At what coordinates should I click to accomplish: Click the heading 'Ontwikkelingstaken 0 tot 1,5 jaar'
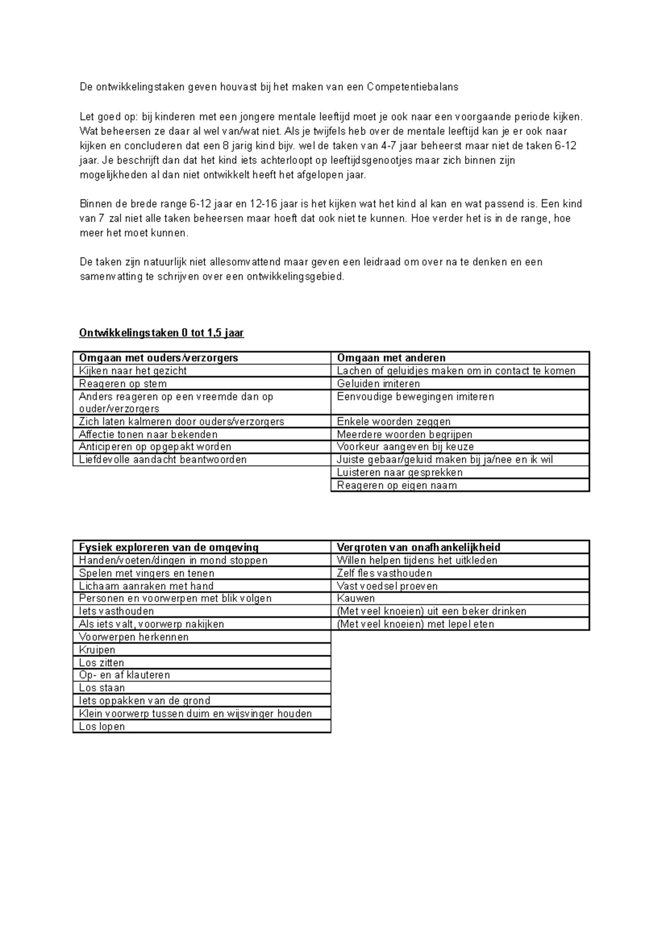[x=162, y=333]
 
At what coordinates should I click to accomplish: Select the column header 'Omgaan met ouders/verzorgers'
[x=159, y=358]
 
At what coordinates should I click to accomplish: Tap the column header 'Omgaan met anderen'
[x=391, y=358]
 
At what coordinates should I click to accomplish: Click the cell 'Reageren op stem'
[x=123, y=384]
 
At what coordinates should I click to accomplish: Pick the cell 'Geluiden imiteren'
[x=379, y=384]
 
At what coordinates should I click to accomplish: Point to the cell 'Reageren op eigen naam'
[x=397, y=485]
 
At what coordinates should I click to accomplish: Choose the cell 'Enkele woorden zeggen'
[x=393, y=422]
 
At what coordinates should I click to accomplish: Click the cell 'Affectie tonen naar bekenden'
[x=148, y=434]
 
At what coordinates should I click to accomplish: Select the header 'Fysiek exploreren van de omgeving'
[x=169, y=547]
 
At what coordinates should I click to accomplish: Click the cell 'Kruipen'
[x=97, y=650]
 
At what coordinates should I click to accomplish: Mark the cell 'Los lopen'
[x=102, y=726]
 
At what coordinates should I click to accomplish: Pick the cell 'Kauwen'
[x=356, y=598]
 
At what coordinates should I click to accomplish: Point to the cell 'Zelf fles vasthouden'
[x=384, y=573]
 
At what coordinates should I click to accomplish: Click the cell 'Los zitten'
[x=102, y=663]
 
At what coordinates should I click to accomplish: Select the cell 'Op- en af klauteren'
[x=124, y=675]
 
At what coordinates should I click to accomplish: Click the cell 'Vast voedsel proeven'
[x=387, y=586]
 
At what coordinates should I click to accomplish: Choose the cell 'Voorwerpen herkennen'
[x=134, y=637]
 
